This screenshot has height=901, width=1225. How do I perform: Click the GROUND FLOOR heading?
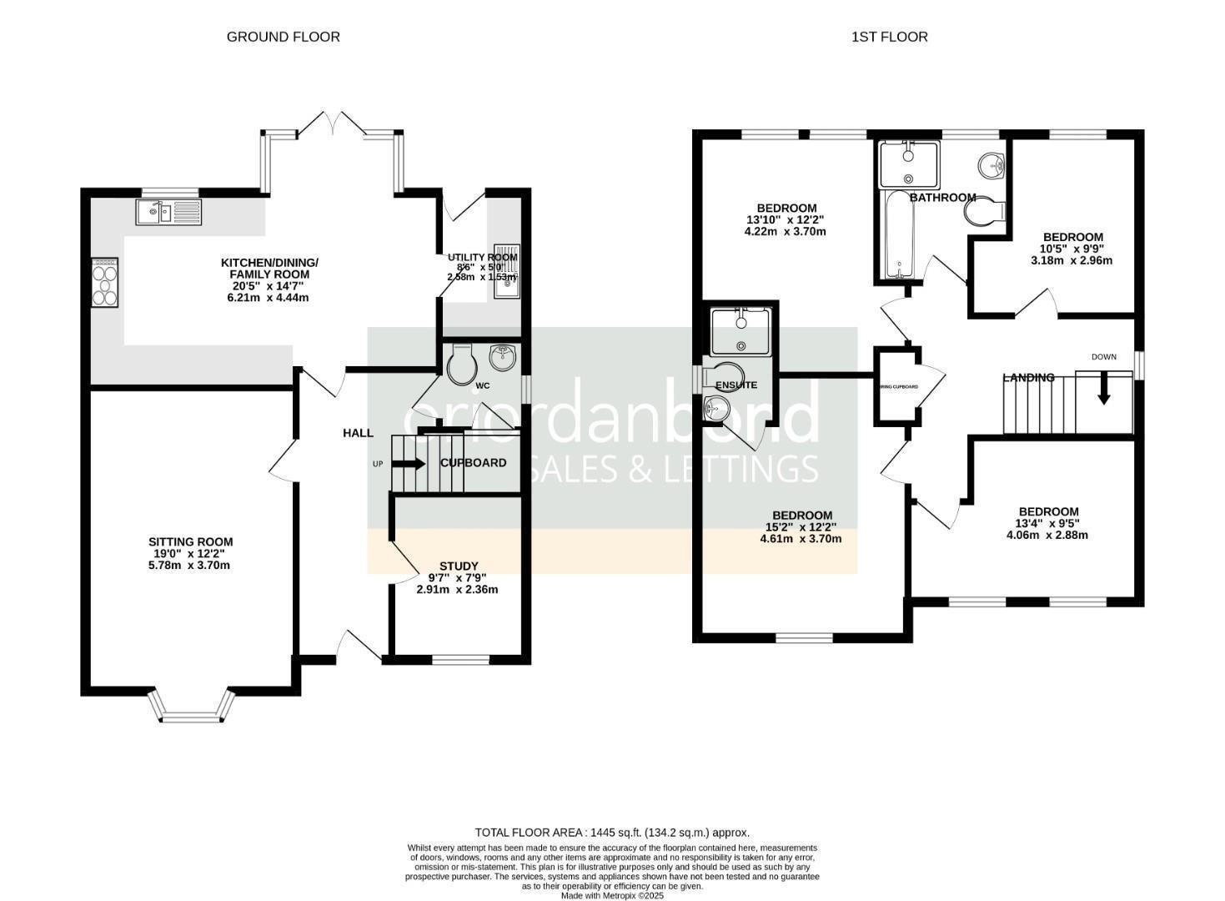(284, 37)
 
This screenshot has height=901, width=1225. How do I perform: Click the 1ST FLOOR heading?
(889, 37)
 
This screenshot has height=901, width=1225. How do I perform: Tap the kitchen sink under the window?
(168, 213)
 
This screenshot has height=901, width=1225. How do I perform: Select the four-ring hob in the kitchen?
(105, 283)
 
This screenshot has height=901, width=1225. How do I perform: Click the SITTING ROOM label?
(190, 541)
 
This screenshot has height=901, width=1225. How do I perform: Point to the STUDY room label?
(459, 566)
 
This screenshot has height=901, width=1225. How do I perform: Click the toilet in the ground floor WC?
(460, 365)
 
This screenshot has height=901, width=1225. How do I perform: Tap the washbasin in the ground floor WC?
(503, 357)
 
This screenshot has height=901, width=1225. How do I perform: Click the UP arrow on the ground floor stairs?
(409, 464)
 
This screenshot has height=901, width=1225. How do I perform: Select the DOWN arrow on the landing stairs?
(1103, 390)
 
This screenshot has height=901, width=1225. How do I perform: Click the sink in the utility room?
(506, 271)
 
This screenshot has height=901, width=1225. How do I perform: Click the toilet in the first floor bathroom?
(984, 211)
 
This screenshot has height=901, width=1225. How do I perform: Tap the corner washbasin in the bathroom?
(992, 165)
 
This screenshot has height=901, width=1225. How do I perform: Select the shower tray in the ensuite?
(741, 331)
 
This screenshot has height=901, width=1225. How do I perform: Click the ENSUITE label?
(736, 385)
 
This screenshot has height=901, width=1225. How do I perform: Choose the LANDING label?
(1028, 378)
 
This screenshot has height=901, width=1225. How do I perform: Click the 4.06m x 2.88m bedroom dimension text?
(1047, 535)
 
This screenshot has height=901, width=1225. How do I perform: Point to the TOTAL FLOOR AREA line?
(612, 832)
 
